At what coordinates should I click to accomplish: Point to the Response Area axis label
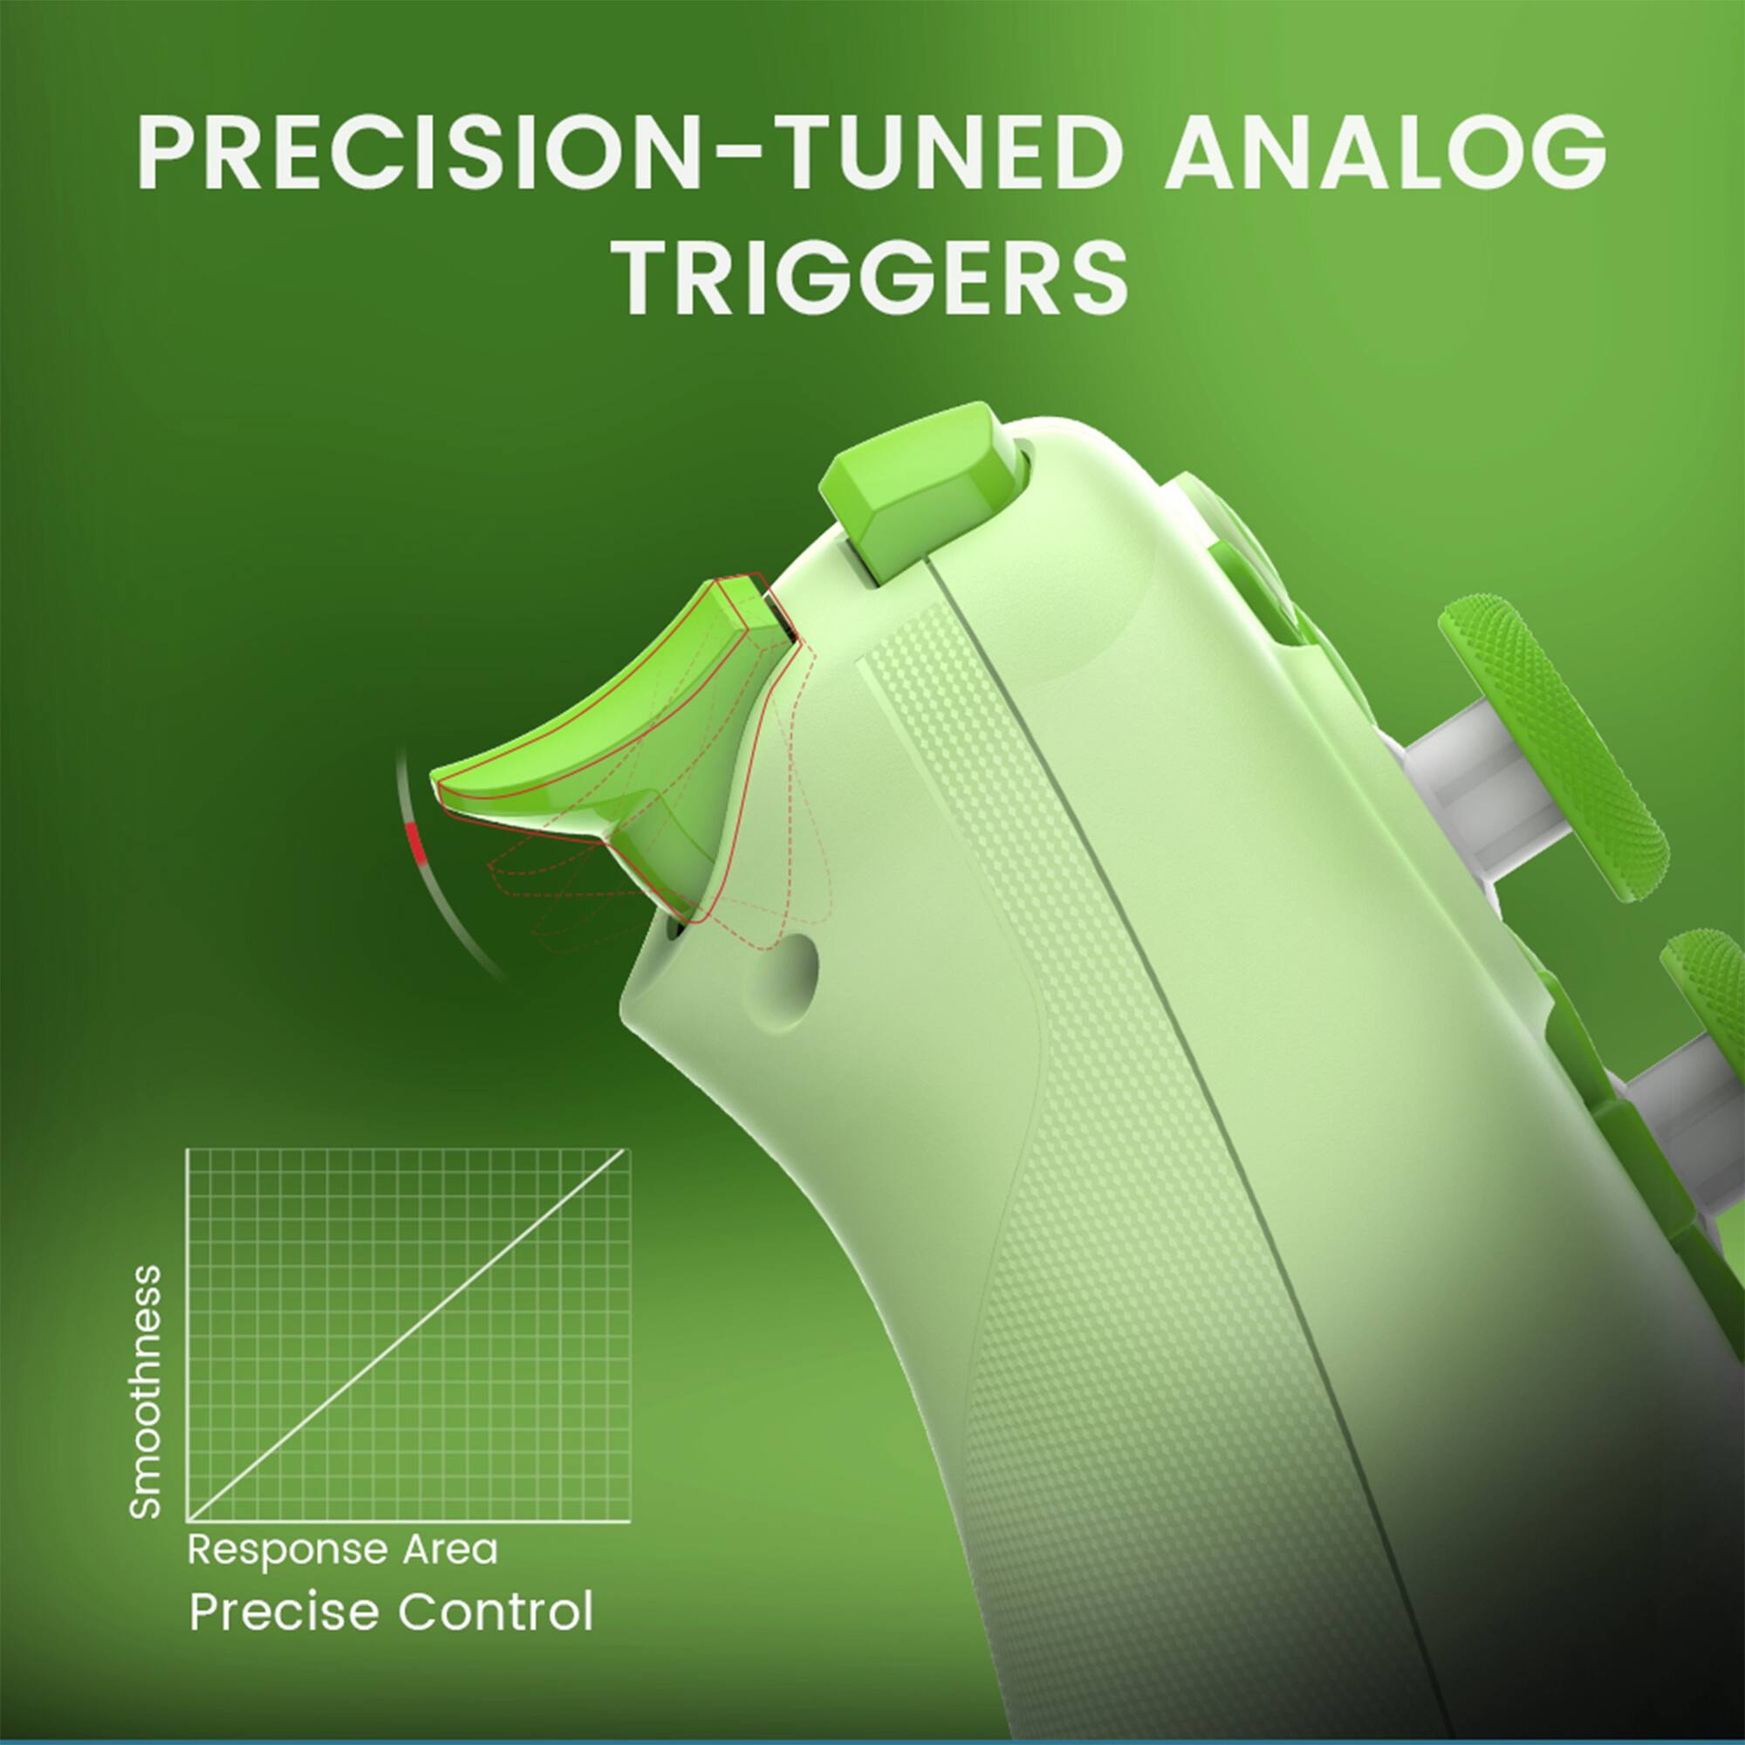[x=342, y=1549]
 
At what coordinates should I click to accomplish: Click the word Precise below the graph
[x=283, y=1612]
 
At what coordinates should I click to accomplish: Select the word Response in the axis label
[x=289, y=1549]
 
